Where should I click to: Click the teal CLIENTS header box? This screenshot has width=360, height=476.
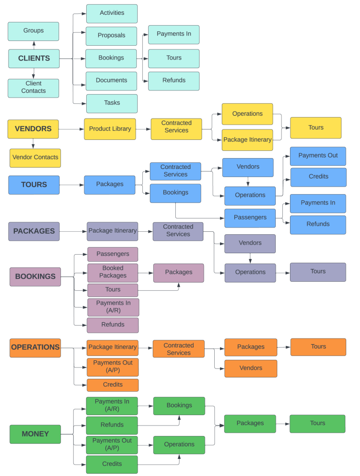coord(34,59)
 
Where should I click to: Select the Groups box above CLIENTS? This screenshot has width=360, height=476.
coord(33,31)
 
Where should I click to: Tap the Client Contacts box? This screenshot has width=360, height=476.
coord(33,88)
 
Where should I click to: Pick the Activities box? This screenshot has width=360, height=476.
coord(112,13)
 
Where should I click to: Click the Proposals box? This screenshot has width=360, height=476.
coord(111,36)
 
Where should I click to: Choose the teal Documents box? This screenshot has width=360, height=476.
coord(111,80)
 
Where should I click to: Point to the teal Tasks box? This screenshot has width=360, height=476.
coord(112,103)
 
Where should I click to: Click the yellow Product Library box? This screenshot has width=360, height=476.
coord(110,129)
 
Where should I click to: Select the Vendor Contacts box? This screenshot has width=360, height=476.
coord(35,158)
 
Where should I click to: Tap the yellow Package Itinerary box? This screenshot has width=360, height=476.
coord(248,140)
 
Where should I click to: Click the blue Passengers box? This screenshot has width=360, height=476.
coord(250,218)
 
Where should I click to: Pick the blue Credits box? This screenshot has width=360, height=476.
coord(318,177)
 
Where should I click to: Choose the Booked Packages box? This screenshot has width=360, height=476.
coord(113,272)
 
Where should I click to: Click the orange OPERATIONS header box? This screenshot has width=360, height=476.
coord(35,347)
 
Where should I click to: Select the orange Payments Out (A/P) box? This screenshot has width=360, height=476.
coord(113,367)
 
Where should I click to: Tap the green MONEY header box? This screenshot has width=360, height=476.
coord(35,434)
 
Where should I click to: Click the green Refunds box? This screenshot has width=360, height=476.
coord(112,425)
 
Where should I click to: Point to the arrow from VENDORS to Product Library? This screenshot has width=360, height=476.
coord(71,129)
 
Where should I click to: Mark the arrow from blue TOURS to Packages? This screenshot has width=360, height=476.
coord(72,185)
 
